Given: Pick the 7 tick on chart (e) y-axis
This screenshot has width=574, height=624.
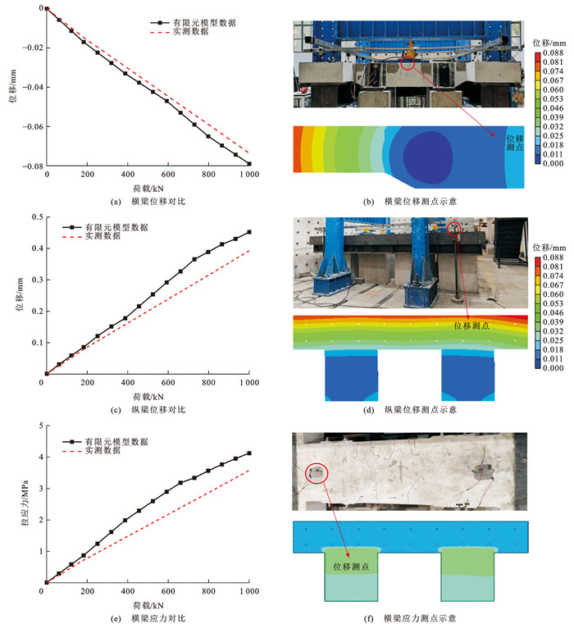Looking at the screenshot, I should tap(37, 426).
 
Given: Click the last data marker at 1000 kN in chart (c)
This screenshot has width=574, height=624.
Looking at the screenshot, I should tap(248, 232).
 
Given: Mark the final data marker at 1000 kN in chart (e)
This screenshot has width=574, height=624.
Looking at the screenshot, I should tap(248, 453).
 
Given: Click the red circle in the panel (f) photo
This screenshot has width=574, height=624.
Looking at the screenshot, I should tap(316, 472).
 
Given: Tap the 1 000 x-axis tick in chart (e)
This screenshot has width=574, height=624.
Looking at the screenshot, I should tap(246, 592).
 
